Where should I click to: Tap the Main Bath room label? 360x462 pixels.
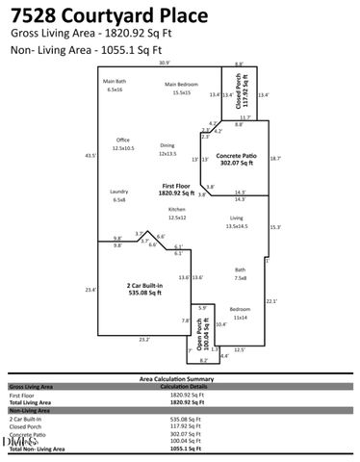114,85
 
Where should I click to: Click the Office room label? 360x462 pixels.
123,144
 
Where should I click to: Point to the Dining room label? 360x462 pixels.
167,149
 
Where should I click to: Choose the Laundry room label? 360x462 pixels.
119,195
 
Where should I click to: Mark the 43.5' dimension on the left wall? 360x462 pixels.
90,155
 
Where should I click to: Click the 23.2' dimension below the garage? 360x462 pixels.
143,339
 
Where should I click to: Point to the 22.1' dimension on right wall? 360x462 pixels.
270,301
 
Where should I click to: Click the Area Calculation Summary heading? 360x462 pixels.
180,379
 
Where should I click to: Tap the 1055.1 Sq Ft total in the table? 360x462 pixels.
185,449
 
